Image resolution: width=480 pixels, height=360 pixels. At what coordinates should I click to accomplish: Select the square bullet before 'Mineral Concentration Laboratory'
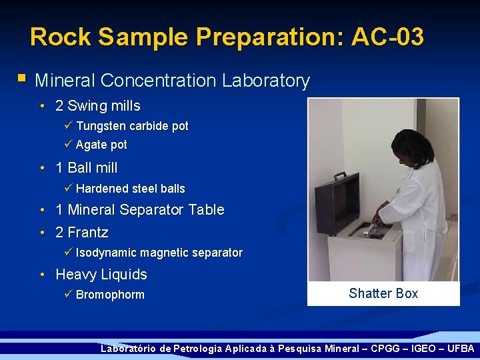pyautogui.click(x=22, y=79)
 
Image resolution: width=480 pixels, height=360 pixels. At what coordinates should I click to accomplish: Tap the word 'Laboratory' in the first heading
pyautogui.click(x=266, y=81)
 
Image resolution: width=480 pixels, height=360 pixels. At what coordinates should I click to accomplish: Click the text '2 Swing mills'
pyautogui.click(x=97, y=105)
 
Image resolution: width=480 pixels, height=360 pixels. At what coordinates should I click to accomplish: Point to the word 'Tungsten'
pyautogui.click(x=101, y=126)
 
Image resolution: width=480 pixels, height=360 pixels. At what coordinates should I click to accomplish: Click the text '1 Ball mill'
pyautogui.click(x=86, y=167)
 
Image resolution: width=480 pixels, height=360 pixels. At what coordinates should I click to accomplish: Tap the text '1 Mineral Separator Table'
pyautogui.click(x=139, y=209)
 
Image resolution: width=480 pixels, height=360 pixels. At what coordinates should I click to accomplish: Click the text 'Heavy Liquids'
pyautogui.click(x=101, y=274)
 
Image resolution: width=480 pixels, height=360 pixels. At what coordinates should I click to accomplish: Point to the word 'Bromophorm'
pyautogui.click(x=110, y=295)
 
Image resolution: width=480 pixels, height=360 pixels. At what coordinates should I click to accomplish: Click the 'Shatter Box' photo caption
pyautogui.click(x=383, y=293)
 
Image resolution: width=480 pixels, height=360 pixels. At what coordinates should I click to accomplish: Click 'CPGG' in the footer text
pyautogui.click(x=381, y=349)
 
